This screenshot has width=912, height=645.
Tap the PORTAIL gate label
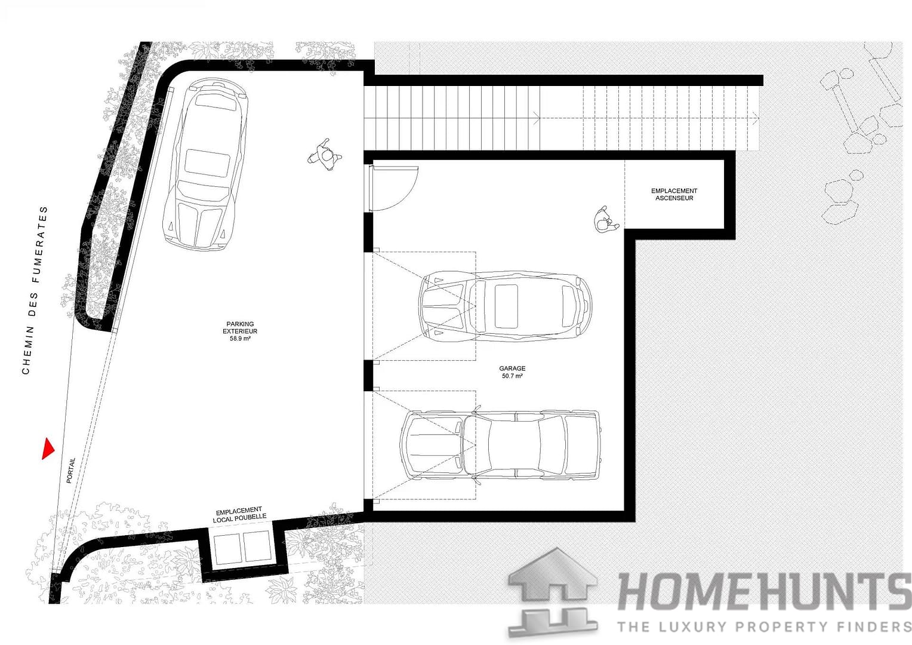pos(71,471)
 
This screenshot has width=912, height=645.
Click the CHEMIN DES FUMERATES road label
pos(34,290)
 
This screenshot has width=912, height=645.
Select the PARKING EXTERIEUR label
pos(240,328)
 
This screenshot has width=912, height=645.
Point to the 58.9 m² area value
pos(240,339)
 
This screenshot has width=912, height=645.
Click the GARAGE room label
pos(512,368)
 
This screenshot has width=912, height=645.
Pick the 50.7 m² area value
pos(512,376)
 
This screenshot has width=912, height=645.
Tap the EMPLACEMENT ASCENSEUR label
pos(674,194)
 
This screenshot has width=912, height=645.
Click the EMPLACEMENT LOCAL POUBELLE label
pos(239,515)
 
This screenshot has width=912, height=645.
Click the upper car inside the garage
pos(506,306)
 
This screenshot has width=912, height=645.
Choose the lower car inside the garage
pos(500,444)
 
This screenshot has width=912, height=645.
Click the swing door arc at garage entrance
pos(394,188)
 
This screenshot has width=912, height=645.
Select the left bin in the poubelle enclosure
pos(227,548)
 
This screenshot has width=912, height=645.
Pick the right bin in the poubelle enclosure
pos(257,548)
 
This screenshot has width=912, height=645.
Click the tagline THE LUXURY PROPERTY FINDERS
pos(764,626)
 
